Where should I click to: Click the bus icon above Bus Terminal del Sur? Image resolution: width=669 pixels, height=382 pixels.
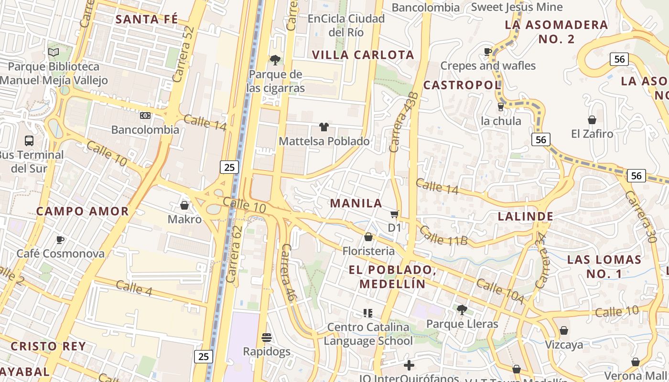point(29,141)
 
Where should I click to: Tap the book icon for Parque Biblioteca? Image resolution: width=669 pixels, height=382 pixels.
point(54,52)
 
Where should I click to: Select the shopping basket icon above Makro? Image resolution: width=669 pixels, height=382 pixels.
point(184,205)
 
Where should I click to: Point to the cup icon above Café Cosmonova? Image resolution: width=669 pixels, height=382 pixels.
point(60,240)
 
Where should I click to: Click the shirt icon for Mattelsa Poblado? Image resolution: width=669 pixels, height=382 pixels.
point(324,127)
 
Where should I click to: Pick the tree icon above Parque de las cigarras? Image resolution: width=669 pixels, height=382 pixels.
point(275,60)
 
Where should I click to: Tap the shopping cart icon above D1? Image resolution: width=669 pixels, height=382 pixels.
point(395,214)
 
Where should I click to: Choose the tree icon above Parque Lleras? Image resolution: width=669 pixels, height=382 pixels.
point(462,310)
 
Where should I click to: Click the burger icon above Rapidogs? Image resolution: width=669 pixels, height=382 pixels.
point(267,338)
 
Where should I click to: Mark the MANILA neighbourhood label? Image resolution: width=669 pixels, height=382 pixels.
point(356,203)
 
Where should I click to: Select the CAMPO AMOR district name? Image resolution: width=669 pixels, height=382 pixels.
point(83,211)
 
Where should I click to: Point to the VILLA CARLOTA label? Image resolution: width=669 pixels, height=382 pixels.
point(363,55)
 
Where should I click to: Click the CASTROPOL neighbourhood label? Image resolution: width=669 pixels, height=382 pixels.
point(462,85)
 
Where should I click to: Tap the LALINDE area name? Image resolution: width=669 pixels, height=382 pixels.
point(525,216)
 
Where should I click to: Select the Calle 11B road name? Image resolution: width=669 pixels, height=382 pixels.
point(443,235)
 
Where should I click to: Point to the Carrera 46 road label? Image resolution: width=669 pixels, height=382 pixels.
point(288,272)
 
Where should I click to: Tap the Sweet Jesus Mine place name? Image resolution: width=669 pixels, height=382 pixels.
point(517,7)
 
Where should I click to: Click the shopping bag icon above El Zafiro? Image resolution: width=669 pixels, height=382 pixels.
point(592,120)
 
